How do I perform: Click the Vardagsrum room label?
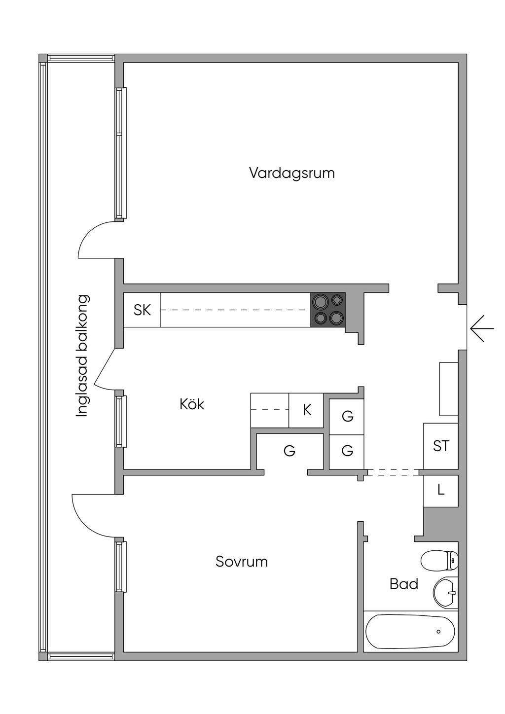click(x=291, y=173)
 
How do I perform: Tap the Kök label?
click(x=192, y=405)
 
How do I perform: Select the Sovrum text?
click(x=242, y=562)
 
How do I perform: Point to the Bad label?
click(x=403, y=584)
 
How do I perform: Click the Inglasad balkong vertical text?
click(x=82, y=356)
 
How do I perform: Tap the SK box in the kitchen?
click(x=142, y=310)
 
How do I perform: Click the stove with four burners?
click(x=328, y=309)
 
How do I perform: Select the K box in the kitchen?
click(x=307, y=410)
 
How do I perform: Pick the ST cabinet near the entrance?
click(x=441, y=446)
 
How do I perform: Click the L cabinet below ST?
click(x=441, y=491)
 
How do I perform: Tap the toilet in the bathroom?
click(x=440, y=560)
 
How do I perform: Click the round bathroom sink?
click(x=445, y=592)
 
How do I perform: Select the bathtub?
click(x=410, y=632)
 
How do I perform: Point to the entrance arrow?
click(x=482, y=328)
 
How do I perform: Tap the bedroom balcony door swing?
click(x=92, y=516)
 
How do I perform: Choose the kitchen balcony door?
click(x=105, y=367)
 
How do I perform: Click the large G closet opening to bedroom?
click(x=289, y=450)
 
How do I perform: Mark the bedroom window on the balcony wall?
click(x=121, y=567)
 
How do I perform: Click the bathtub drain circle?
click(x=438, y=632)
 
